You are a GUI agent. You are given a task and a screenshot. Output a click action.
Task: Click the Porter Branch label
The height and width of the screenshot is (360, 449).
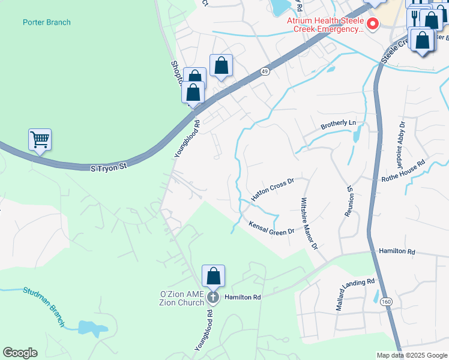[x=46, y=23]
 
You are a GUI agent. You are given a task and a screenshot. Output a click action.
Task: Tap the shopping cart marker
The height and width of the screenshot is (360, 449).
[x=40, y=140]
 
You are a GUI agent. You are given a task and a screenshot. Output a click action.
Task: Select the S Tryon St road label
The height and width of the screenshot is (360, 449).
[x=110, y=169]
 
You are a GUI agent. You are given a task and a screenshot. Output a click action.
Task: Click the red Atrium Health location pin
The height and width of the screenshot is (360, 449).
[x=373, y=24]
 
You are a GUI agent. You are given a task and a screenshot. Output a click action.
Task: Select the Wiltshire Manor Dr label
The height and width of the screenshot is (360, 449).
[x=308, y=223]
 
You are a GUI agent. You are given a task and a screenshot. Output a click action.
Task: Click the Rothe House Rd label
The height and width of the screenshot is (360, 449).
[x=403, y=170]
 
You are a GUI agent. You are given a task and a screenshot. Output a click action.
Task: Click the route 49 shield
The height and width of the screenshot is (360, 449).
[x=265, y=71]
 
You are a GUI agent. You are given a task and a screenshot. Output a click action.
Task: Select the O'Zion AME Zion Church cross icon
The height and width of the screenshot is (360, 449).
[x=212, y=297]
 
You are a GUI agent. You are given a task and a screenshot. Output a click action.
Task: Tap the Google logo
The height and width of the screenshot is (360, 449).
[x=20, y=353]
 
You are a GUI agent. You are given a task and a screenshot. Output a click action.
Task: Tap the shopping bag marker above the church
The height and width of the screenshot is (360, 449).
[x=213, y=276]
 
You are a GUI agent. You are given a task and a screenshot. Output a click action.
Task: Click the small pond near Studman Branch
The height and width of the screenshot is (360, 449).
[x=89, y=327]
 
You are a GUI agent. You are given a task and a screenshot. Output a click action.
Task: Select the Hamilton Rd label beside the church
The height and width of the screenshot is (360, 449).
[x=243, y=297]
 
